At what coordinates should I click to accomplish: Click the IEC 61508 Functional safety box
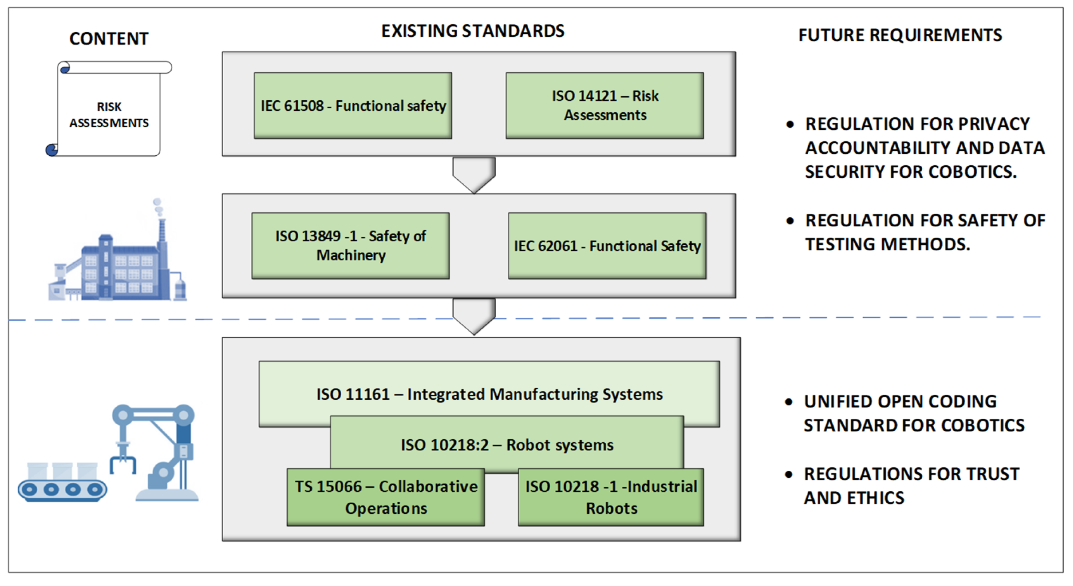(353, 106)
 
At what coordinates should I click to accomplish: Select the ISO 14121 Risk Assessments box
(605, 106)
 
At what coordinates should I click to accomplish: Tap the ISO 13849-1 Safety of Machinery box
(350, 245)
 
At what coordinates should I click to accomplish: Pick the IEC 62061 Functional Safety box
(607, 245)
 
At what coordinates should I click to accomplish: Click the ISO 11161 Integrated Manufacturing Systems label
(489, 394)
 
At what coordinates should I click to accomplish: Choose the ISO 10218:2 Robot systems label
(507, 445)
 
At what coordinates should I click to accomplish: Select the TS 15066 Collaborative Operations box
(386, 497)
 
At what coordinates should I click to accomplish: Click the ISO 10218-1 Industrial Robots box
(611, 497)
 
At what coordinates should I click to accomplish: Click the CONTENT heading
(109, 39)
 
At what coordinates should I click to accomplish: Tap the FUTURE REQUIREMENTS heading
(900, 36)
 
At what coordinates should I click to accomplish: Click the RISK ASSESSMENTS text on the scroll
(109, 115)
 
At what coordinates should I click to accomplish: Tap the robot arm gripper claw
(123, 463)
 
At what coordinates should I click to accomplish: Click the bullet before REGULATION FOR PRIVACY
(790, 124)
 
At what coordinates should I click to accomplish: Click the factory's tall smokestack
(162, 234)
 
